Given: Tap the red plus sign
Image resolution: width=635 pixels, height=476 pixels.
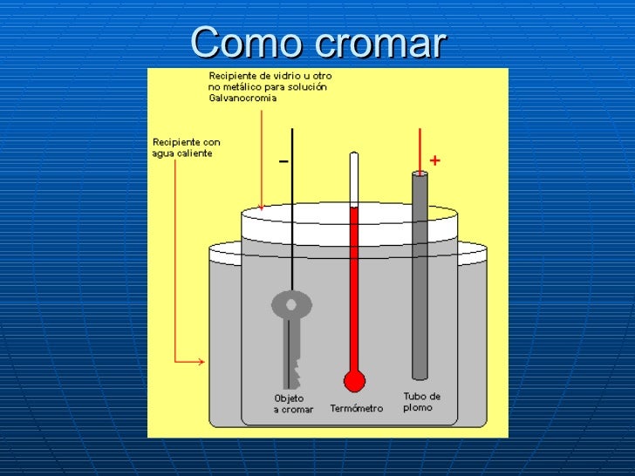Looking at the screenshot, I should coord(434,160).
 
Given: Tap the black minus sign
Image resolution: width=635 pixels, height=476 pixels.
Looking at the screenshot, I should coord(283,161).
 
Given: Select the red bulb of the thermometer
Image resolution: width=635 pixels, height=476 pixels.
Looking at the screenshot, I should coord(353,381).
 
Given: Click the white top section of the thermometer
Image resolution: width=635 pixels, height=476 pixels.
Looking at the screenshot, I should coord(353,179).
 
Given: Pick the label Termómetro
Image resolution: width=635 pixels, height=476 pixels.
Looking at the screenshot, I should coord(356,408).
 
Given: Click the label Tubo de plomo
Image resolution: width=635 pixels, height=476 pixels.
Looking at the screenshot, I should coord(421,402).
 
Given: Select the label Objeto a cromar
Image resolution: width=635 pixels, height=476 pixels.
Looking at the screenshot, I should coord(293,404).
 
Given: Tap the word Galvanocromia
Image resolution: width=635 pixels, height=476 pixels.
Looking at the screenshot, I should coord(242,99).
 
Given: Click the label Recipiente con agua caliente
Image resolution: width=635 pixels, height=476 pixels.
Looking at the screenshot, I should coord(186,147).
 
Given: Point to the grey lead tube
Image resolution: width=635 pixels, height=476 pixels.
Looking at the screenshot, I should coord(420,279).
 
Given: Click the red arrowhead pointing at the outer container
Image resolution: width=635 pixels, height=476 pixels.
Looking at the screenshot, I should coord(201,361).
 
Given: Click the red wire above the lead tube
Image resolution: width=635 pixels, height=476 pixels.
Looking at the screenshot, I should coord(420,148).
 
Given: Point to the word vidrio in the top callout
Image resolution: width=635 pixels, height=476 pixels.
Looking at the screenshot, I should coord(287,76).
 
